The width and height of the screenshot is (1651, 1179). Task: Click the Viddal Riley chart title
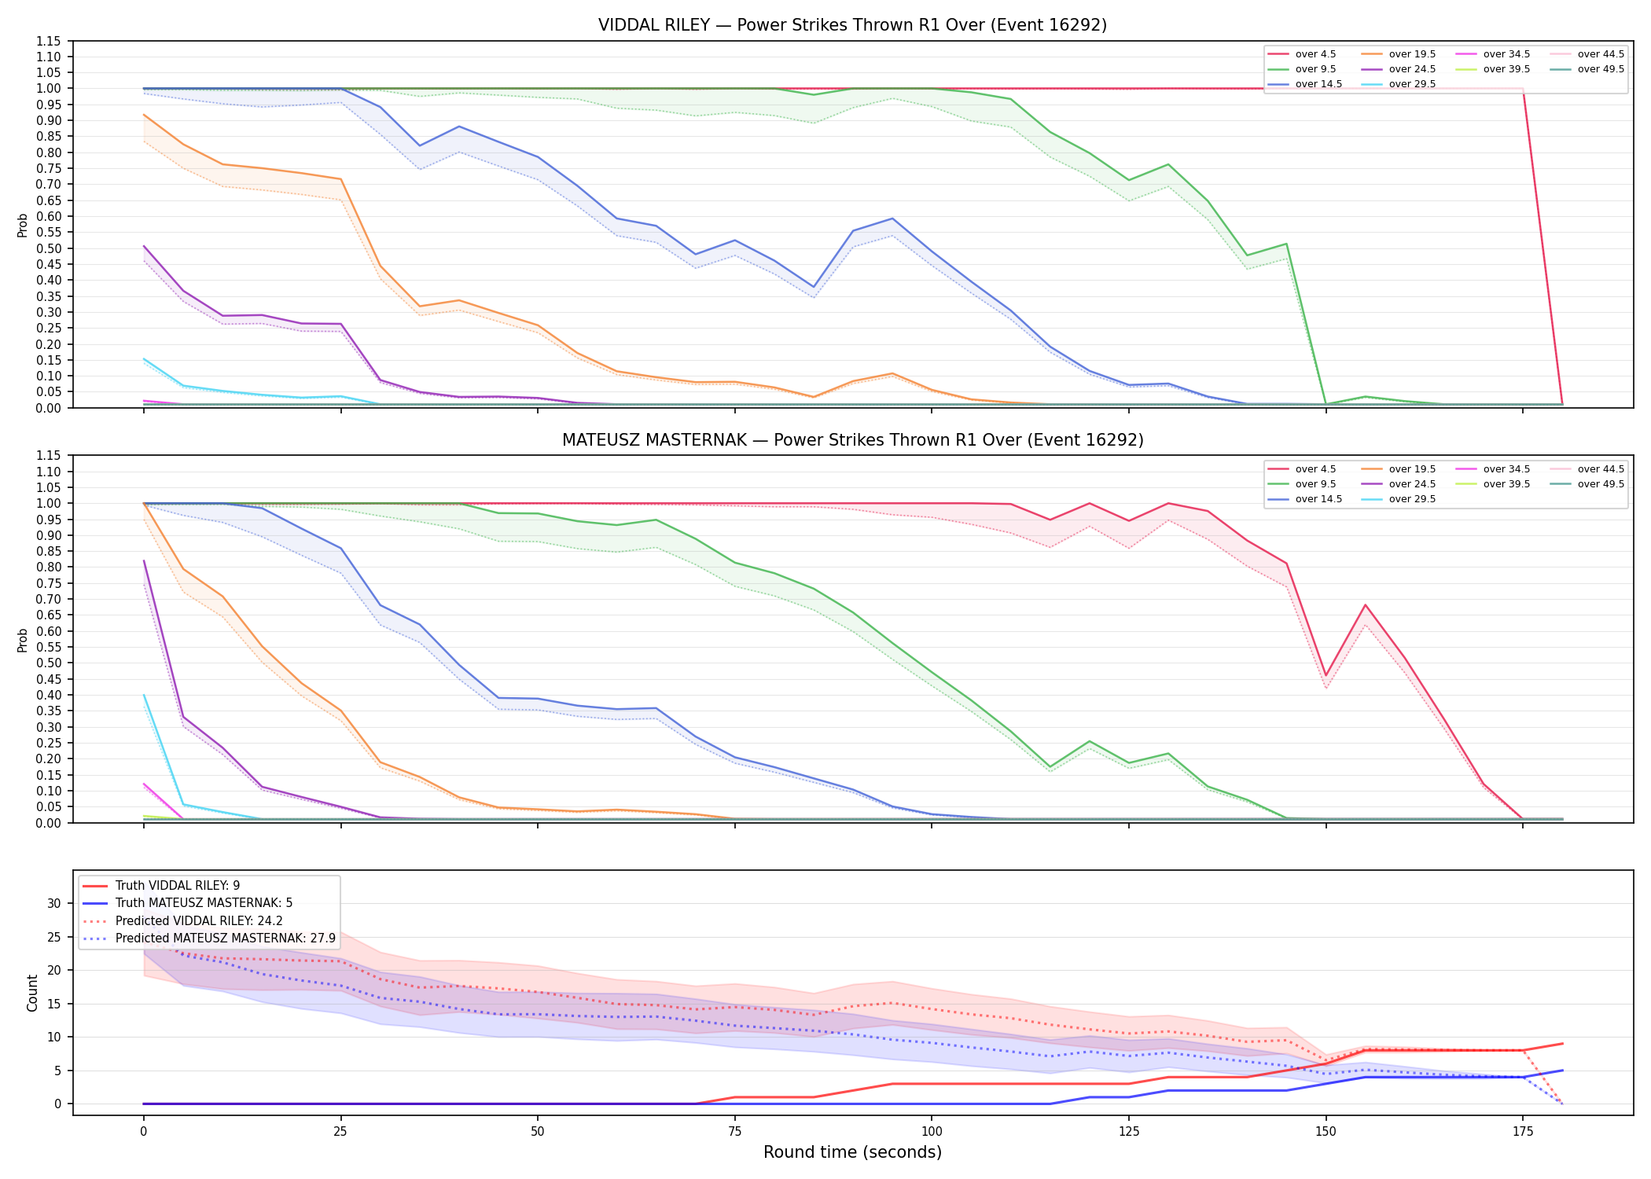click(852, 25)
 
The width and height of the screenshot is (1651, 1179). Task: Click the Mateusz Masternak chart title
click(852, 440)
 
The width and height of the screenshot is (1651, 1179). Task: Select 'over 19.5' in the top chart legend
click(1412, 54)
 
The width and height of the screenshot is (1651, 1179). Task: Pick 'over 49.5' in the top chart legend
click(1601, 69)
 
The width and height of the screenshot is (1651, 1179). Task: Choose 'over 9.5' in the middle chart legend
click(1315, 484)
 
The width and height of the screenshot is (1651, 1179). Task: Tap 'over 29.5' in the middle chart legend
click(1412, 499)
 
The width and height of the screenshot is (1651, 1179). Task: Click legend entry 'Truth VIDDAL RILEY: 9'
click(178, 886)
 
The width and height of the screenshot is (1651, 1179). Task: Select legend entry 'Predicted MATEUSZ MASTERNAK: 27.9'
click(226, 938)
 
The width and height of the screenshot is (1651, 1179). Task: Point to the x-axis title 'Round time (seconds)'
click(852, 1152)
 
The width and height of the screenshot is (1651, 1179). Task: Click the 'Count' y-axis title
click(32, 993)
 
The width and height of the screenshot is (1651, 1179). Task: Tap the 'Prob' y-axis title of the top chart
click(23, 225)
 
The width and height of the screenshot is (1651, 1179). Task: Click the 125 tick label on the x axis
click(1129, 1132)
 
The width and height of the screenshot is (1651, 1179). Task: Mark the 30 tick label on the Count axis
click(53, 903)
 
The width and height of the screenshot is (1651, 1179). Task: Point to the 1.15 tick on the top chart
click(49, 41)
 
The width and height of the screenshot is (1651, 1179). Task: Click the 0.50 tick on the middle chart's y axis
click(49, 663)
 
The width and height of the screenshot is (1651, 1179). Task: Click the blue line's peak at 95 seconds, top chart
click(892, 219)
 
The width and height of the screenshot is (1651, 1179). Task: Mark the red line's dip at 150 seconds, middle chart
click(1326, 676)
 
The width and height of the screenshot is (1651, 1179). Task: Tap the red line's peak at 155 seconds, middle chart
click(1366, 605)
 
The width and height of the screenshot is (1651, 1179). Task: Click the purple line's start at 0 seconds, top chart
click(144, 246)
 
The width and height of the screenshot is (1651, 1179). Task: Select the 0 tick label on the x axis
click(143, 1132)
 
